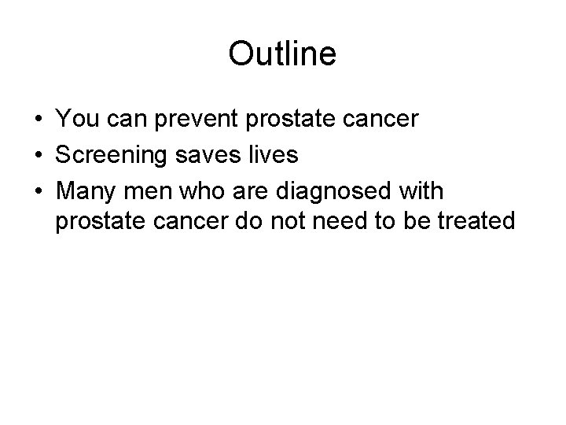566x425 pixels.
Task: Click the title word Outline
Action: [x=282, y=54]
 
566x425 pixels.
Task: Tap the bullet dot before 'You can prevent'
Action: [x=38, y=120]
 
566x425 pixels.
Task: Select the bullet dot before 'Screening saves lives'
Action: [x=38, y=155]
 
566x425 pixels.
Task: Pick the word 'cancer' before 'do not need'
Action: [x=191, y=223]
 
